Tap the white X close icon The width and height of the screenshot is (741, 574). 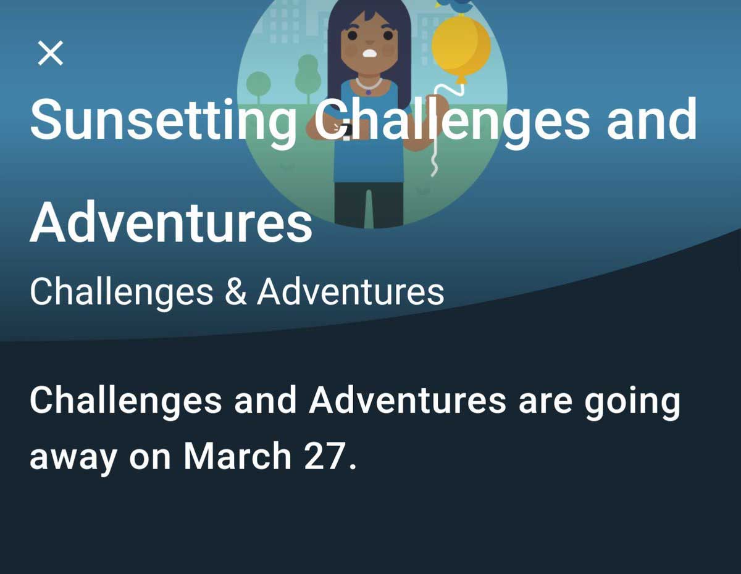tap(51, 53)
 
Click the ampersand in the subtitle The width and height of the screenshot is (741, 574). tap(235, 292)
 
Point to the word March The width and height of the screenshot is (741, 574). tap(237, 455)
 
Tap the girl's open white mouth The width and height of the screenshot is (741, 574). tap(370, 54)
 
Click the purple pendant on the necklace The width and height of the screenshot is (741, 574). tap(368, 92)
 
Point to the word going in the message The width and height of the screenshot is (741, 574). tap(632, 402)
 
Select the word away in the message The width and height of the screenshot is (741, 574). tap(73, 459)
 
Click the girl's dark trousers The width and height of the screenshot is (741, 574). tap(369, 204)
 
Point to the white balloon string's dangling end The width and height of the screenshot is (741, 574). tap(433, 175)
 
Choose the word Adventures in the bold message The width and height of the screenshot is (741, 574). tap(408, 400)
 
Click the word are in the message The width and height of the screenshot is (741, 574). tap(545, 403)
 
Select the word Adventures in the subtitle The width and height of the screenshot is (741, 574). tap(351, 292)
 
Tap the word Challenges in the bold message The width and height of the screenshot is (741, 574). tap(126, 402)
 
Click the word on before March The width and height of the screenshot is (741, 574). tap(149, 459)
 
